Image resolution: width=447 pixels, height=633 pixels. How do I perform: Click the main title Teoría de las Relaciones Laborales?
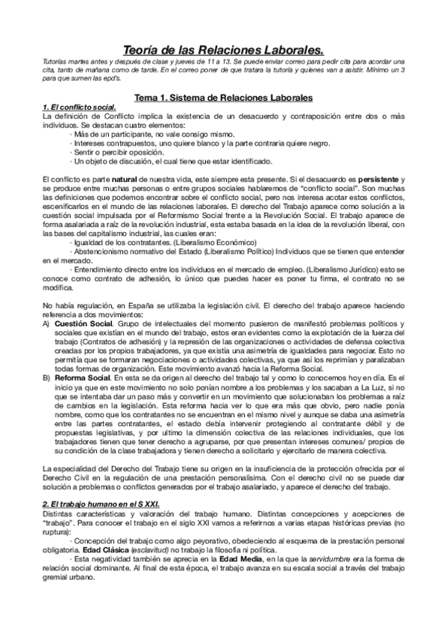(223, 49)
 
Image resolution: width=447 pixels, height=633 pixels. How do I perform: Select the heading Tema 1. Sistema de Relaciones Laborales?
(223, 98)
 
